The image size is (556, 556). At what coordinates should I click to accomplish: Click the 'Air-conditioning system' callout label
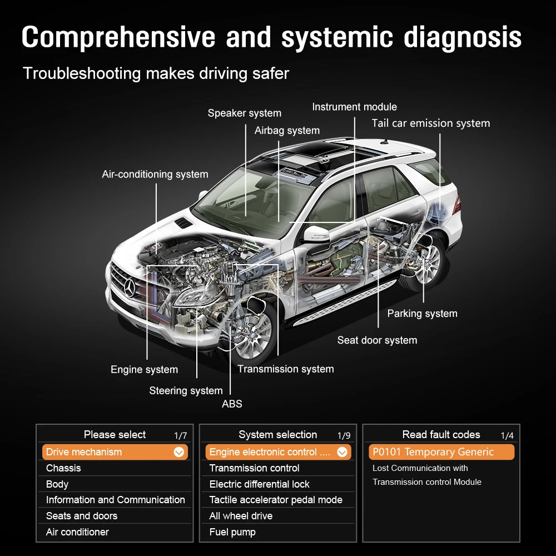(x=155, y=175)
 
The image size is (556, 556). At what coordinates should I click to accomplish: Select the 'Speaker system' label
(x=244, y=113)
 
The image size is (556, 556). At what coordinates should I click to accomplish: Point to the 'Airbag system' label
(x=287, y=131)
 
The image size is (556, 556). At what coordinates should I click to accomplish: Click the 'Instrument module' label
(x=354, y=107)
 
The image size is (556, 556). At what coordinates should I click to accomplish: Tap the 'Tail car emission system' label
(x=431, y=123)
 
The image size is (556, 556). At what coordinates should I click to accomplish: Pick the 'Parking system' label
(x=422, y=314)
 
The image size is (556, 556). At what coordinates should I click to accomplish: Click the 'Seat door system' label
(x=377, y=340)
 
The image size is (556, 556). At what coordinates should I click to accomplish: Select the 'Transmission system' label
(x=285, y=369)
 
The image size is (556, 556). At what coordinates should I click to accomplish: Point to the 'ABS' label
(x=232, y=404)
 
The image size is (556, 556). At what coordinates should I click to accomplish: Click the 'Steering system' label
(x=186, y=391)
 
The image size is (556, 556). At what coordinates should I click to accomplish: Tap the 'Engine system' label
(x=144, y=370)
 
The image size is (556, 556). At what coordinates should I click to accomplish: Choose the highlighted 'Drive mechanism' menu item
(x=115, y=452)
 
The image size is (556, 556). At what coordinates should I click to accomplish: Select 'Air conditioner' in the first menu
(x=77, y=532)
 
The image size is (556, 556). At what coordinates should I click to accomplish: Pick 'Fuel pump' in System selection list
(x=232, y=532)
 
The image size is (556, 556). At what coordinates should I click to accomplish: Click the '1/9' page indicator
(x=344, y=436)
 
